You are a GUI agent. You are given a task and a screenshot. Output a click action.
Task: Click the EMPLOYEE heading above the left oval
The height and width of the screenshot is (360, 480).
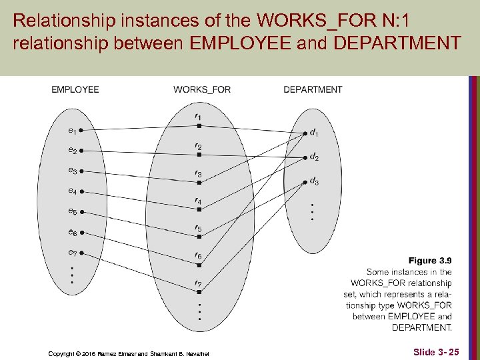coord(75,89)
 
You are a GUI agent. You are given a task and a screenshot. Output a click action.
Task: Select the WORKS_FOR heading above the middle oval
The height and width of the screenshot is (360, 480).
coord(202,89)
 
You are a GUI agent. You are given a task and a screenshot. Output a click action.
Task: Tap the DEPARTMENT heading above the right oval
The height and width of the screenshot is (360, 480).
coord(313,89)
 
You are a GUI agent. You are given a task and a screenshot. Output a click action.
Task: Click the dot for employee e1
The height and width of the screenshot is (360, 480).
coord(81,130)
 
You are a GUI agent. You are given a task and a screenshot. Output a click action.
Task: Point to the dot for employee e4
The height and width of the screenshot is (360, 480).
coord(81,191)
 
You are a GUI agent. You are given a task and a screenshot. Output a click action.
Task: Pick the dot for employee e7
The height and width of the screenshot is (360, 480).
coord(81,253)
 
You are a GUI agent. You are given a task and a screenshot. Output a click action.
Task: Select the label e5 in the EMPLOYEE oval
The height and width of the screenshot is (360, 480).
coord(72,211)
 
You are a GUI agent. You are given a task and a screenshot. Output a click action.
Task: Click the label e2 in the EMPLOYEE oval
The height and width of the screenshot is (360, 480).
coord(72,151)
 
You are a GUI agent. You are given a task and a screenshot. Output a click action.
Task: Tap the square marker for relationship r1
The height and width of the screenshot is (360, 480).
coord(199,125)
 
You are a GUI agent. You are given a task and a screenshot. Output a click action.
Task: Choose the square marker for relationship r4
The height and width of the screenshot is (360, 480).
coord(199,209)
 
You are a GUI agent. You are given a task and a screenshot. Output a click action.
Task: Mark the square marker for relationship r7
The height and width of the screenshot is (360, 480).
coord(199,293)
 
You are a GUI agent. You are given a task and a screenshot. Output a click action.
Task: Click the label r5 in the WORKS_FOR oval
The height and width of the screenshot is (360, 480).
coord(198,229)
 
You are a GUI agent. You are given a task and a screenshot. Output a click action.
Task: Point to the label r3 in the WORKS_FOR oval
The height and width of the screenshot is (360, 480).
coord(198,173)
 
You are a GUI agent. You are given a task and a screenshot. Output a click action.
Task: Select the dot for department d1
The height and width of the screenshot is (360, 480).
coord(305,132)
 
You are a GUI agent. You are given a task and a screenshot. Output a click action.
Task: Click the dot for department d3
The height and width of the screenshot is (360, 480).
coord(305,180)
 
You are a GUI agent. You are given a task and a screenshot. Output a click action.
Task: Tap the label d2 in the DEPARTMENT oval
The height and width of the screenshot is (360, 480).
coord(314,158)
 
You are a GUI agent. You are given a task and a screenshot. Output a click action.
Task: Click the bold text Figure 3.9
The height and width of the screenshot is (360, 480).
coord(430,261)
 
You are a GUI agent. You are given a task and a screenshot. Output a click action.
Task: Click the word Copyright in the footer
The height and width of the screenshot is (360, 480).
coord(65,353)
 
